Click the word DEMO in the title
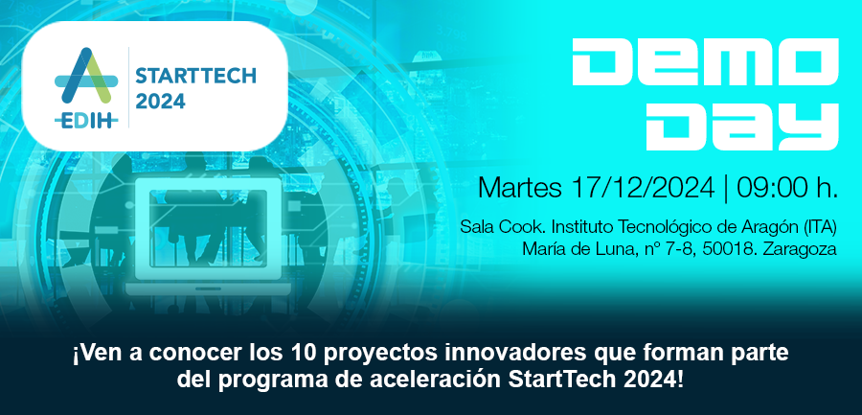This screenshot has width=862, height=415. pyautogui.click(x=705, y=61)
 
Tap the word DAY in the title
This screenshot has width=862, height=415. pyautogui.click(x=742, y=127)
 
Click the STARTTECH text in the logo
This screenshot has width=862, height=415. pyautogui.click(x=195, y=76)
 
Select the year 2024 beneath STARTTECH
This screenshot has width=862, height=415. pyautogui.click(x=161, y=101)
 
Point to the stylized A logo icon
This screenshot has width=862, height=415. pyautogui.click(x=86, y=76)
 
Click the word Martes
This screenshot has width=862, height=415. pyautogui.click(x=519, y=187)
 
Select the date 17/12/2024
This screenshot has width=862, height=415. pyautogui.click(x=644, y=187)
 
